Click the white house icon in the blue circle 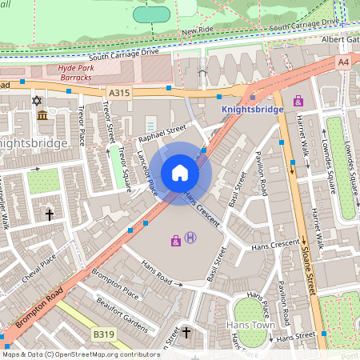pos(180,172)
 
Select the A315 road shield pos(118,93)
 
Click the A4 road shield pos(343,62)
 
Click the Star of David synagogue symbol pos(35,101)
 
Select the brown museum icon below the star pos(42,116)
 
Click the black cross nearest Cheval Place pos(49,214)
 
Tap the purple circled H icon pos(190,237)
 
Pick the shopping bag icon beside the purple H pos(175,240)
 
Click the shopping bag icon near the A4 pos(298,101)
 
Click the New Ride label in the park pos(198,31)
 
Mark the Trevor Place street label pos(82,128)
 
